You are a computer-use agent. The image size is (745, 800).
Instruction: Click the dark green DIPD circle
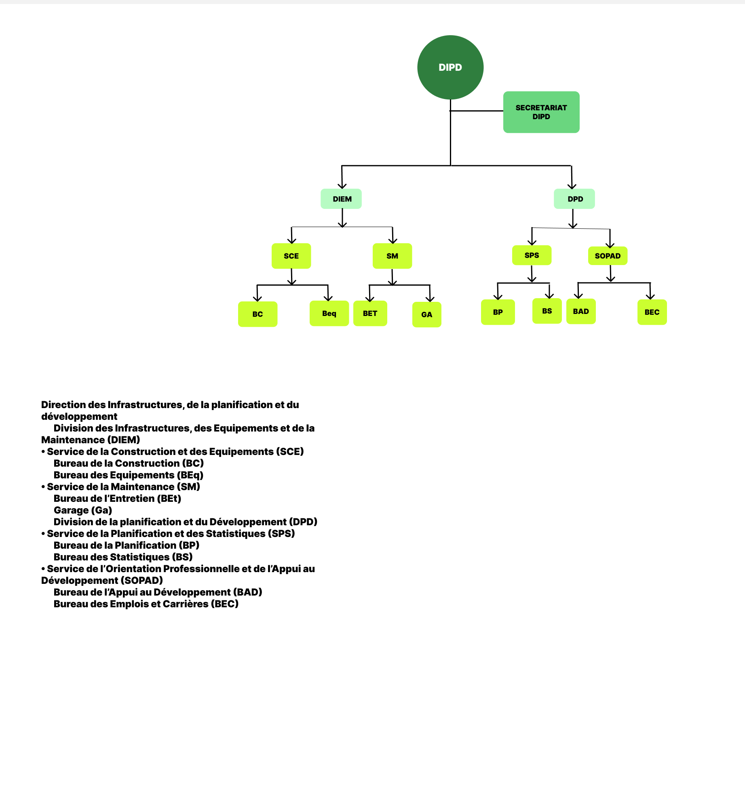click(450, 67)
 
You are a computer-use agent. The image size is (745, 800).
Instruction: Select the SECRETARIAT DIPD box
click(541, 112)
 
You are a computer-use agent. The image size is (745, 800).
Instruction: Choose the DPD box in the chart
click(574, 199)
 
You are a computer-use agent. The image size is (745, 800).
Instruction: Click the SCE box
click(291, 256)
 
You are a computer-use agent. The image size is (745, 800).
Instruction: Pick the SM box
click(392, 256)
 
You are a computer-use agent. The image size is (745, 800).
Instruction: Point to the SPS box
click(532, 255)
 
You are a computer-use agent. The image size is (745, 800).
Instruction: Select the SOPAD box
click(608, 256)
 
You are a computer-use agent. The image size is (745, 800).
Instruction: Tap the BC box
click(257, 314)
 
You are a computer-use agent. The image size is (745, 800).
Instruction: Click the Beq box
click(329, 313)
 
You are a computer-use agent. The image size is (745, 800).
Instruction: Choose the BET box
click(370, 313)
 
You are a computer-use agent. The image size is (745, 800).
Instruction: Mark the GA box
click(426, 314)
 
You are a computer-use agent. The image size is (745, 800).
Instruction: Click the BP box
click(498, 312)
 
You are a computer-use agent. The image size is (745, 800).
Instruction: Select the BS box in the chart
click(547, 311)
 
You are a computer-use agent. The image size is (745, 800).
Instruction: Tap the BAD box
click(581, 311)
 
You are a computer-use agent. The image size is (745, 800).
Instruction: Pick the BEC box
click(652, 312)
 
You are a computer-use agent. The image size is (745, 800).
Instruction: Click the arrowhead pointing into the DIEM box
click(342, 186)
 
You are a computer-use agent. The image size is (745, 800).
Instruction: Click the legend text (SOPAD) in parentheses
click(142, 581)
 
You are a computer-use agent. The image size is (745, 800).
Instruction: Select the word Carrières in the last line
click(185, 604)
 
